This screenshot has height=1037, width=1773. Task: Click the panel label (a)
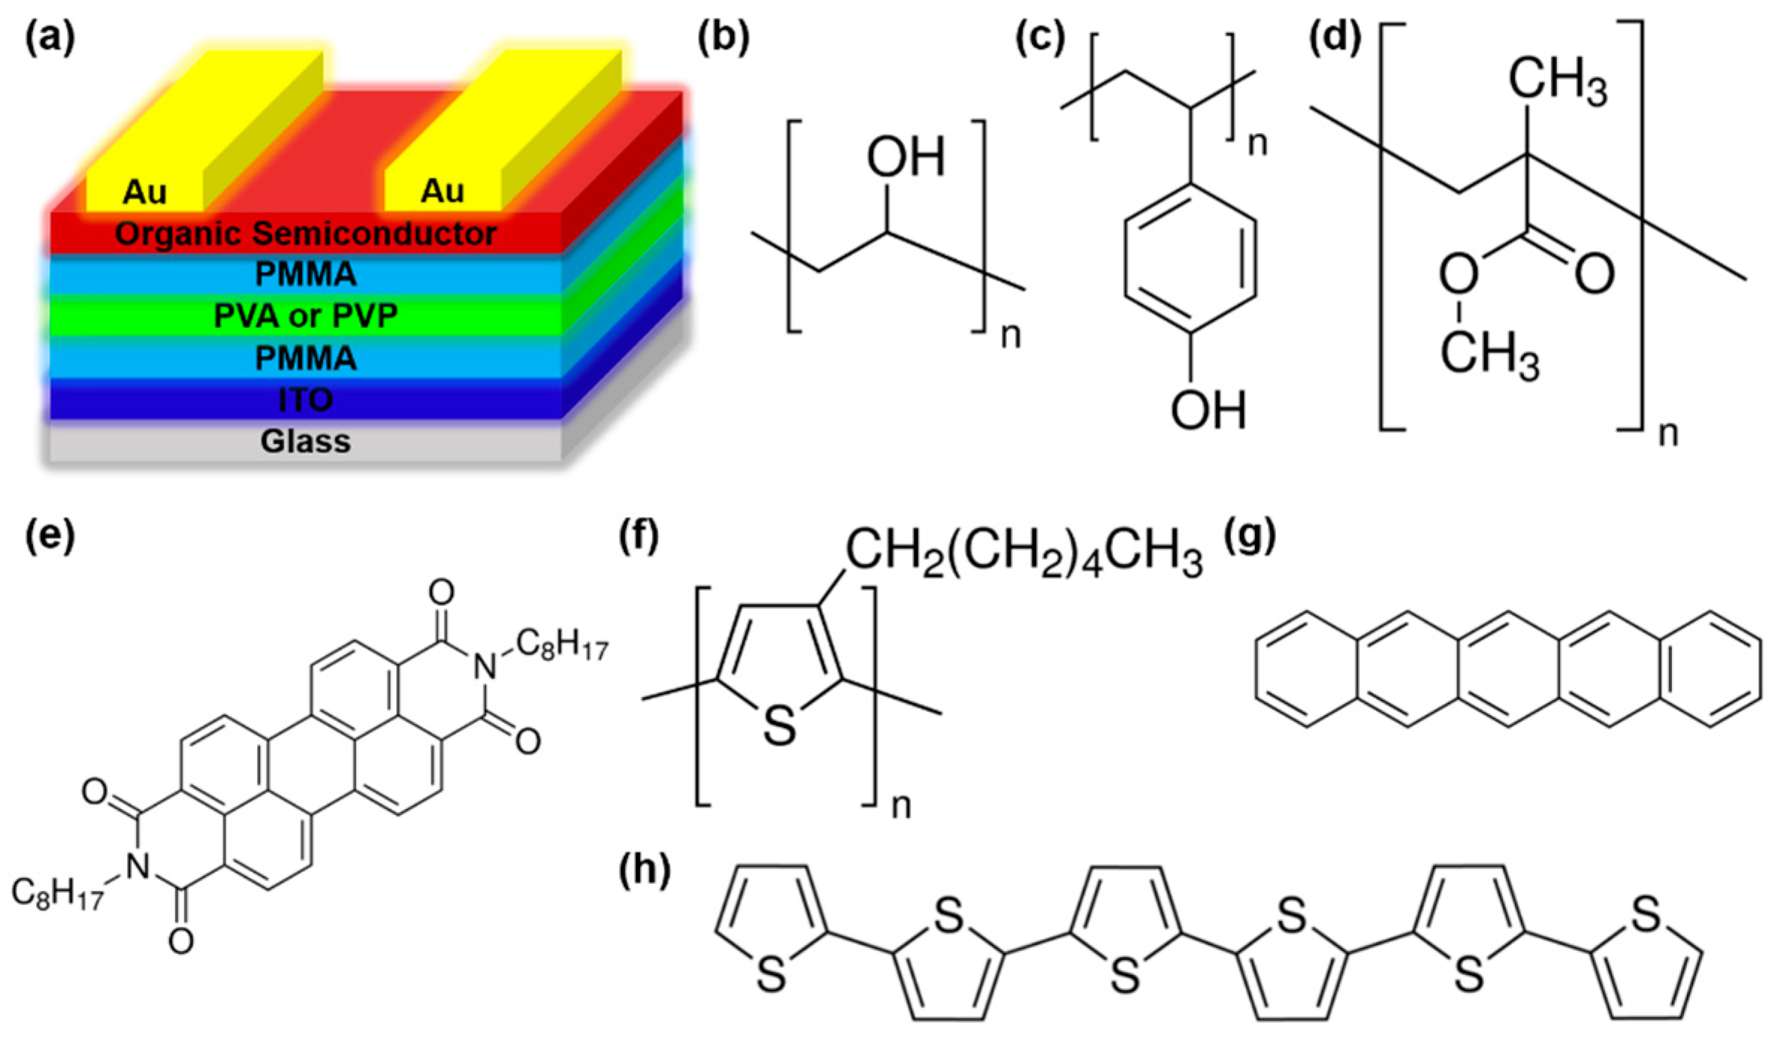[x=50, y=40]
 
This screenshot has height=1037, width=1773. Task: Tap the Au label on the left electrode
[x=144, y=192]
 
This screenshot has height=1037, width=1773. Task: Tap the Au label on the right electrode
[x=443, y=191]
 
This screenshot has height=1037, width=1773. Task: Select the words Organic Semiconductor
[x=306, y=234]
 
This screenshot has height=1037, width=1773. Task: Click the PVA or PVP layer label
[x=306, y=316]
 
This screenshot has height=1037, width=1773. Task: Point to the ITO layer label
[x=306, y=400]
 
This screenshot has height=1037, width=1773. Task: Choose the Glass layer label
[x=306, y=442]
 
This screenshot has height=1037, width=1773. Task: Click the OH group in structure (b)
[x=905, y=157]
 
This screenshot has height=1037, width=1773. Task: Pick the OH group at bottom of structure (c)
[x=1209, y=410]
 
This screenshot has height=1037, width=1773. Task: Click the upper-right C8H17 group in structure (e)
[x=561, y=644]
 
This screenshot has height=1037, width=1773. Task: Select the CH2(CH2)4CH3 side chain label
[x=1023, y=555]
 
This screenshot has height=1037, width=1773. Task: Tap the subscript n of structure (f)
[x=901, y=807]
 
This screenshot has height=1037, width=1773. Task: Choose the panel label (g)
[x=1250, y=536]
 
